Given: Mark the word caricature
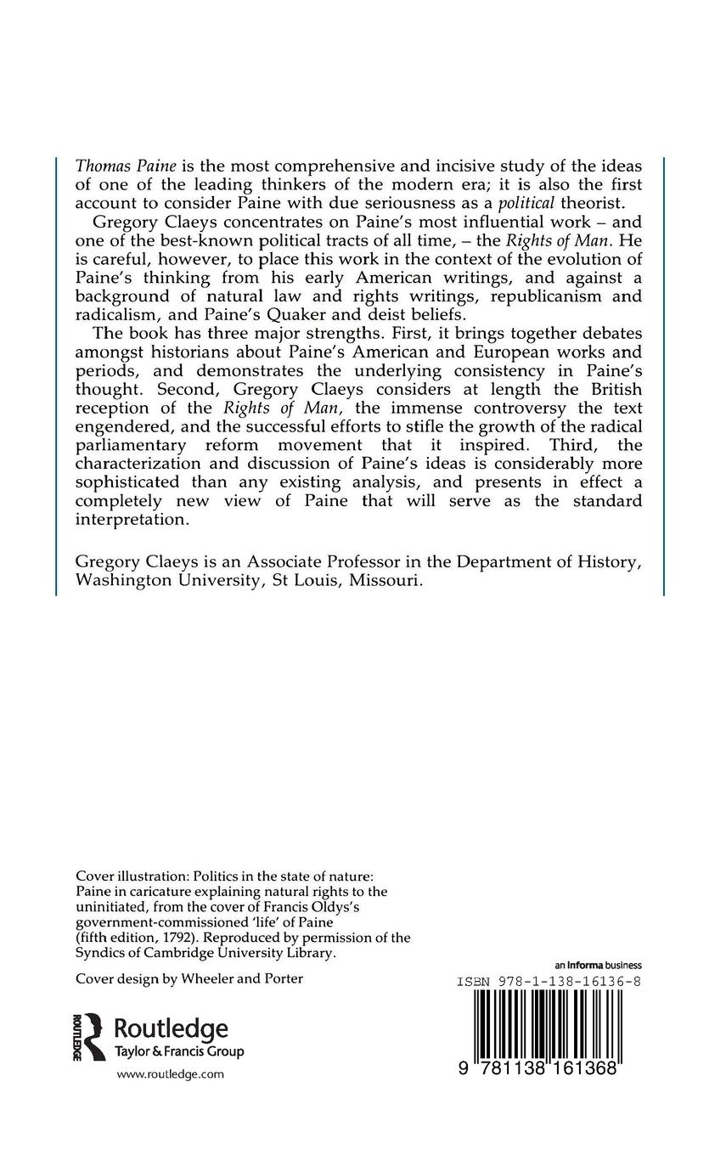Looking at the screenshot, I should pyautogui.click(x=147, y=891).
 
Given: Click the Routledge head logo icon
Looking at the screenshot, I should pyautogui.click(x=89, y=1036).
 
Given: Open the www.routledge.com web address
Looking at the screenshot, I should pyautogui.click(x=170, y=1074).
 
